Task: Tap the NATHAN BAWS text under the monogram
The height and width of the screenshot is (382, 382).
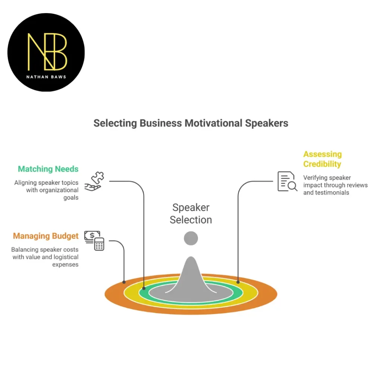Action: (47, 76)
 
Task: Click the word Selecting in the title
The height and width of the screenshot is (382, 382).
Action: (115, 123)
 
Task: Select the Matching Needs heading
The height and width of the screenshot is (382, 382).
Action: (48, 169)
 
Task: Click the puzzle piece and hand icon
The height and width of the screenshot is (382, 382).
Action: (94, 181)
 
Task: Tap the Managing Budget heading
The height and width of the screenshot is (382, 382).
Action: (46, 236)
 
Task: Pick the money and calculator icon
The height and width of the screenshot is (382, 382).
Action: (94, 240)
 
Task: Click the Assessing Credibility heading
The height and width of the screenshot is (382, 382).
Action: (322, 159)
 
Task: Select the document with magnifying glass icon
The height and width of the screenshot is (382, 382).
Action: (287, 181)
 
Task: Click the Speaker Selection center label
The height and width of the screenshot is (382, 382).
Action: (191, 214)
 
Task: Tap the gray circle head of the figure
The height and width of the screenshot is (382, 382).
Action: (191, 238)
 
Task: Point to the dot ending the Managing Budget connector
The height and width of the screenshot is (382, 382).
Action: (124, 282)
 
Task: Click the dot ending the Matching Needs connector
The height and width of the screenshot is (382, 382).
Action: (144, 288)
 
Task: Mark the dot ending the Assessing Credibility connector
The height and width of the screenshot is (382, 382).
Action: (238, 282)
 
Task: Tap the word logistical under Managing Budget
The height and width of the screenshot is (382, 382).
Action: (63, 257)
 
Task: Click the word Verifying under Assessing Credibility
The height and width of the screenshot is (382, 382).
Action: (316, 178)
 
